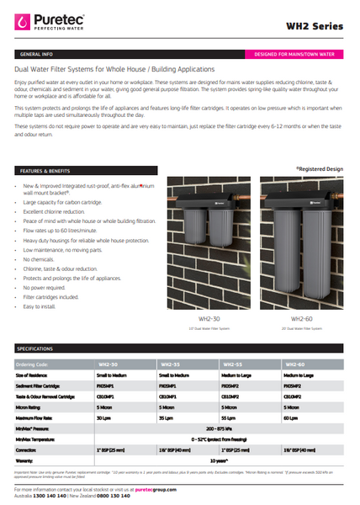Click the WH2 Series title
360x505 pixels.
coord(316,25)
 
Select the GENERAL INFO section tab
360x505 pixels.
coord(35,54)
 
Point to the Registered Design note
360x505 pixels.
coord(320,169)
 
